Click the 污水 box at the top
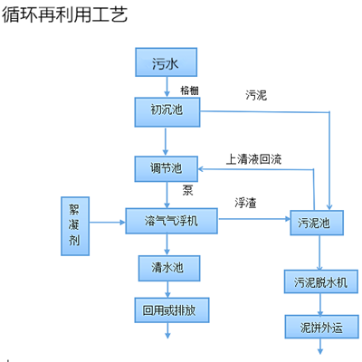(165, 62)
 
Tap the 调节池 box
(165, 167)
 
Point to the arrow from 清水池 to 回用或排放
(165, 287)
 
